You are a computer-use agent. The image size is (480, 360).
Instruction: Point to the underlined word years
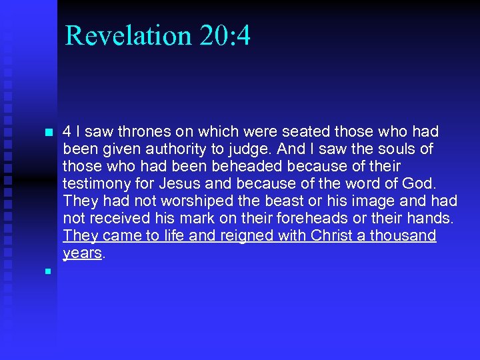tap(82, 253)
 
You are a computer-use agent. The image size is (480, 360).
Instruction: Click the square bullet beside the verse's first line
tap(47, 132)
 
